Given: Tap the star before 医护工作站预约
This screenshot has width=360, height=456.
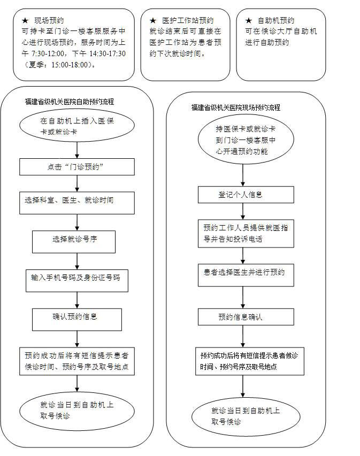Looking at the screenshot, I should pos(152,20).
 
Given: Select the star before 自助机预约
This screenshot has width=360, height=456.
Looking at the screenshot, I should pos(248,20).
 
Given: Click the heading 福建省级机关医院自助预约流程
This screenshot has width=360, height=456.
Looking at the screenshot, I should pos(69,101).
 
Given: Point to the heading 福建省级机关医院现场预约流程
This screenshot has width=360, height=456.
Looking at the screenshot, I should pos(235,107).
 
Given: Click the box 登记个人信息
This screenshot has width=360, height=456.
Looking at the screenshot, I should pos(246,195).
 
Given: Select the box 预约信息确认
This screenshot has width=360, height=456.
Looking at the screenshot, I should pos(246,316).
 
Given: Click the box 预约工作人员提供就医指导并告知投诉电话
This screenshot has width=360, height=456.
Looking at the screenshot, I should pos(246,233).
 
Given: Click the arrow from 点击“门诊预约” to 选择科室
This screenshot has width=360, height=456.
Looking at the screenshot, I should pos(78,183).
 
